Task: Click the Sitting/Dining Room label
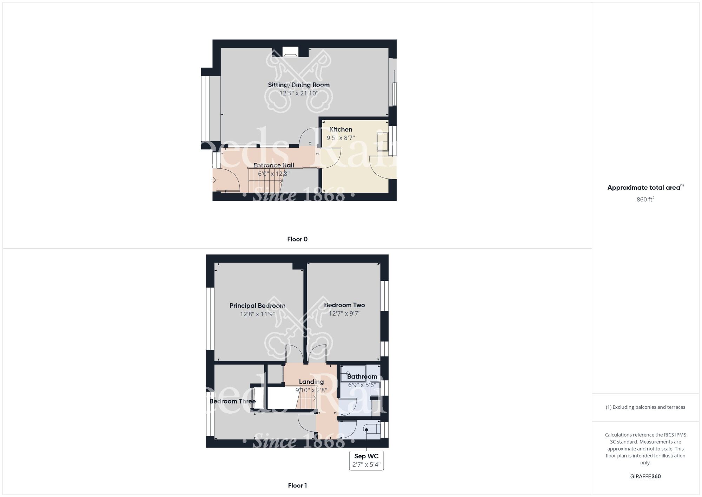pyautogui.click(x=299, y=85)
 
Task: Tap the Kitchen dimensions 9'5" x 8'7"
pyautogui.click(x=340, y=138)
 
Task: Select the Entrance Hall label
pyautogui.click(x=274, y=165)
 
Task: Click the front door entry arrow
pyautogui.click(x=213, y=180)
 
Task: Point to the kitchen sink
pyautogui.click(x=382, y=141)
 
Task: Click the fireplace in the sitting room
pyautogui.click(x=290, y=52)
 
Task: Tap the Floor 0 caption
pyautogui.click(x=297, y=239)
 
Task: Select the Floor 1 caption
pyautogui.click(x=297, y=485)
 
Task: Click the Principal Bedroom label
pyautogui.click(x=257, y=306)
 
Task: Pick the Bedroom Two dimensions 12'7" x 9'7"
pyautogui.click(x=344, y=314)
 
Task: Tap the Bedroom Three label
pyautogui.click(x=232, y=401)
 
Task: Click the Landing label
pyautogui.click(x=311, y=382)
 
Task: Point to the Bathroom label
pyautogui.click(x=362, y=376)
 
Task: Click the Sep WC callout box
pyautogui.click(x=366, y=460)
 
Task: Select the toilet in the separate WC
pyautogui.click(x=372, y=429)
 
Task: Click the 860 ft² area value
pyautogui.click(x=645, y=200)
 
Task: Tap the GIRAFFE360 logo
pyautogui.click(x=645, y=477)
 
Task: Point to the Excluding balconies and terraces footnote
pyautogui.click(x=645, y=407)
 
